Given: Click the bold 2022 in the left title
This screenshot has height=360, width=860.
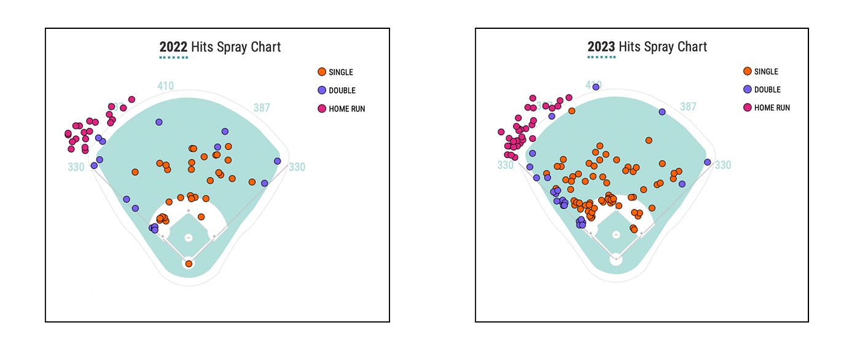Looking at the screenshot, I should pos(173,47).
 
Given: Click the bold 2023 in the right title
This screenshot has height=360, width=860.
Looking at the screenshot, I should pos(601,47).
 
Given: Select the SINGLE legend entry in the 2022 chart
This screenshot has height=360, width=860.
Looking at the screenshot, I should pos(335,72).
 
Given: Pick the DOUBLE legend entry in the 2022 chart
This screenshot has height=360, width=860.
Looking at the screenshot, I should pos(337,90).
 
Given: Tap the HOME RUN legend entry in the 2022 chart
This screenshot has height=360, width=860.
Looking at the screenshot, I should pos(341,109).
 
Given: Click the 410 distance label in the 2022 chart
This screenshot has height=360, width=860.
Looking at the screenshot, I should pos(165,86).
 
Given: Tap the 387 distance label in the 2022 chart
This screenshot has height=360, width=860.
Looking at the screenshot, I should pos(262,108).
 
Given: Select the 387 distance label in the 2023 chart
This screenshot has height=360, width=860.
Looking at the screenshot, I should pos(688,106).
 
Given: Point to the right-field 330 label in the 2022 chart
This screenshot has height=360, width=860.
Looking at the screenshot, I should pos(297,166).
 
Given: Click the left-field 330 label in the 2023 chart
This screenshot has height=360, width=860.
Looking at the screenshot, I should pos(506,165).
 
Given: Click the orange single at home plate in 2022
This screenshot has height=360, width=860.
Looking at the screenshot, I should pos(189,264).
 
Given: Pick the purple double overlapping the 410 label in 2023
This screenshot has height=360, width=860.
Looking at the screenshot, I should pos(596,87).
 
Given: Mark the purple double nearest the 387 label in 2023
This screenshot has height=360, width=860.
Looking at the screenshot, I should pos(662,112).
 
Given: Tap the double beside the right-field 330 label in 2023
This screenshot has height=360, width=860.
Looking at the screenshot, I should pos(708,162).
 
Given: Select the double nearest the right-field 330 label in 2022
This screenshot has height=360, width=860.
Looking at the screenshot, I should pos(278,161).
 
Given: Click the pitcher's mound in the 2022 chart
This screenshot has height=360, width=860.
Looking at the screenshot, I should pos(189,238).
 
